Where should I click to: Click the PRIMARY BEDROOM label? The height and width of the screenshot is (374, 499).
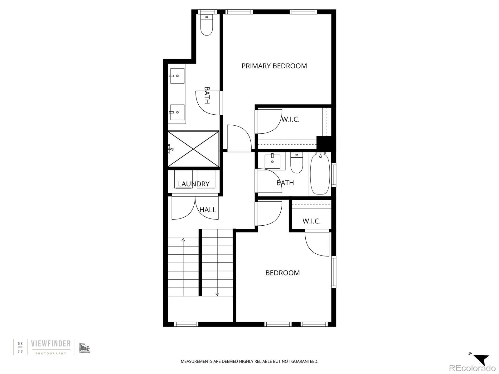[x=274, y=66]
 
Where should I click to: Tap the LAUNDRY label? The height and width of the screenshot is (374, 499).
[x=194, y=184]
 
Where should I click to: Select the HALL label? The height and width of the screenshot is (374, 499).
[x=208, y=210]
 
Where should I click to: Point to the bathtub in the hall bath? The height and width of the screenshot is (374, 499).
[x=320, y=174]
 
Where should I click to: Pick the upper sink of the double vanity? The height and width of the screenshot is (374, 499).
[x=177, y=76]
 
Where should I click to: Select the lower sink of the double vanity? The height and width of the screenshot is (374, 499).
[x=177, y=112]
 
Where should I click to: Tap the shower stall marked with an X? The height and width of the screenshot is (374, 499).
[x=193, y=149]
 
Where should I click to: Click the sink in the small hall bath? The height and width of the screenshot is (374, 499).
[x=273, y=161]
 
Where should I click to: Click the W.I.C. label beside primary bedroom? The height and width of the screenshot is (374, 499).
[x=290, y=119]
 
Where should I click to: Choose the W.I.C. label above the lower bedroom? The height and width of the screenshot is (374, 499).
[x=312, y=221]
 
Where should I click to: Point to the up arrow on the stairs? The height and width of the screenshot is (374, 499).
[x=183, y=240]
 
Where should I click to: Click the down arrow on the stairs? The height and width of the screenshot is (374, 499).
[x=217, y=294]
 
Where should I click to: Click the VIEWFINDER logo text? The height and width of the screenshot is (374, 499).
[x=51, y=344]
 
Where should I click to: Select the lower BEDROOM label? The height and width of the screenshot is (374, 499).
[x=283, y=273]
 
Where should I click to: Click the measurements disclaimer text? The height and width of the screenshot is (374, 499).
[x=249, y=362]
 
